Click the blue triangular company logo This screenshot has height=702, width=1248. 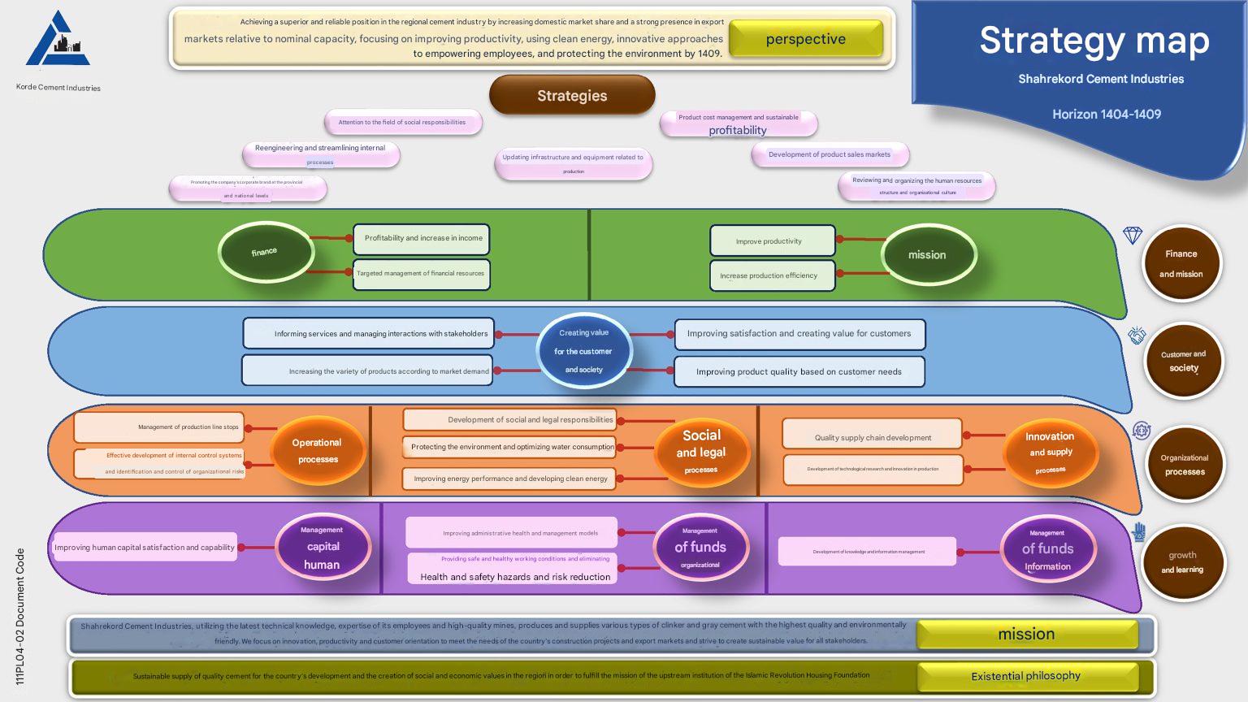[58, 41]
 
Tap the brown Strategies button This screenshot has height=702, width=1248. [572, 95]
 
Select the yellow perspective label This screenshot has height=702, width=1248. [805, 39]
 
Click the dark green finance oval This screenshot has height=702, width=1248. [265, 252]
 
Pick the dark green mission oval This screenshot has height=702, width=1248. [928, 254]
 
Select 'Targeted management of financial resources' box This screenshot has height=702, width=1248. [421, 274]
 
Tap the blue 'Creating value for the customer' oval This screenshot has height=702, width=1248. [583, 351]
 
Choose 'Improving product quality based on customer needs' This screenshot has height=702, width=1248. [799, 371]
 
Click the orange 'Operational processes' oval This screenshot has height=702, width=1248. [318, 451]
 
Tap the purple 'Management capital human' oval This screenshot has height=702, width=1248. [323, 547]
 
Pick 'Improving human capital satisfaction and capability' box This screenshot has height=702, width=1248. [145, 548]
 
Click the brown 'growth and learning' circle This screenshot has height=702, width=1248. [1182, 562]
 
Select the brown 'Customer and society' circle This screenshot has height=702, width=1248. [1183, 361]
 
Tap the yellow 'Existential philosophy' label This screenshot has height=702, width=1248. [1025, 676]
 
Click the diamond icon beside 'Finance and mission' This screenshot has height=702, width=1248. [1133, 236]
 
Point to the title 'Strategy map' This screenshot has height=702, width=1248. [1094, 41]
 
